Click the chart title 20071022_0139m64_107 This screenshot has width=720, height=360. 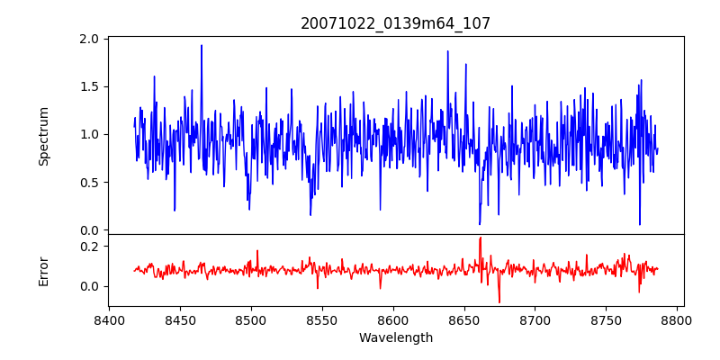click(x=396, y=23)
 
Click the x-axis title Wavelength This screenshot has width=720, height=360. click(x=396, y=338)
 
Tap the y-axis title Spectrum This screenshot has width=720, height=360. click(x=44, y=136)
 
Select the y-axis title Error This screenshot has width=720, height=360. click(x=44, y=271)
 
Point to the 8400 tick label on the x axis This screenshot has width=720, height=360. click(x=109, y=319)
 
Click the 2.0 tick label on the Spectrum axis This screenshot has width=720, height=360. click(x=90, y=40)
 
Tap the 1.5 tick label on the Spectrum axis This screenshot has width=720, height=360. click(x=90, y=87)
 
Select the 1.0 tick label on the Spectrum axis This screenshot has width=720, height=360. click(x=90, y=135)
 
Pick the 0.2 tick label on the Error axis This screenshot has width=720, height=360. click(x=90, y=246)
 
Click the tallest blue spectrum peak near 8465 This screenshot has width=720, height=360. click(x=202, y=46)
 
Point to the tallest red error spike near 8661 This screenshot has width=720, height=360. click(x=481, y=238)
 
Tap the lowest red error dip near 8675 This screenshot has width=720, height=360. click(x=499, y=301)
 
